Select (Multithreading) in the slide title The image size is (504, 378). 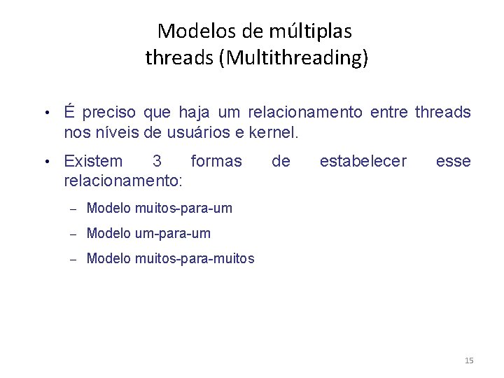click(x=293, y=57)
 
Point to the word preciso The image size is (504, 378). click(x=111, y=113)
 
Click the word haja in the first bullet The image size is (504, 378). click(x=194, y=113)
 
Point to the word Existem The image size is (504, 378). click(x=92, y=162)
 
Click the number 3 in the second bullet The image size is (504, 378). click(x=157, y=162)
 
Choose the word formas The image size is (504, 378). click(x=216, y=162)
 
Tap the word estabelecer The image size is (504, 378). click(x=363, y=162)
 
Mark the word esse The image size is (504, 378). click(x=454, y=162)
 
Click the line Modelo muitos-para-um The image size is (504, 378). click(x=159, y=208)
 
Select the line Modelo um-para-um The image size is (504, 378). click(x=148, y=233)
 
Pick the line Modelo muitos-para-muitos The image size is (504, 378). click(x=170, y=259)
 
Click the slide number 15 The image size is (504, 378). click(x=469, y=360)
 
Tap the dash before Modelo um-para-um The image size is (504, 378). click(x=72, y=234)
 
